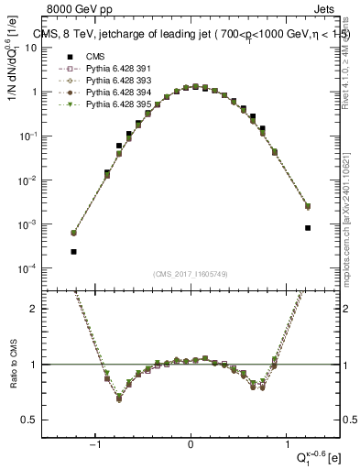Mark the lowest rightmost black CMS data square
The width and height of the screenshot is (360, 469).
(308, 228)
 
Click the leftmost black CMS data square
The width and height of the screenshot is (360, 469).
(73, 251)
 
